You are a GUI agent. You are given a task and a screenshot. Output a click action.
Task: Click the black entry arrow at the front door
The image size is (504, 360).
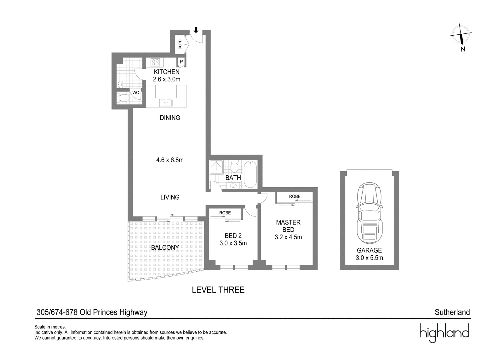(196, 30)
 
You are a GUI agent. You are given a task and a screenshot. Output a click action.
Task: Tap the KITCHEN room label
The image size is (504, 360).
(167, 72)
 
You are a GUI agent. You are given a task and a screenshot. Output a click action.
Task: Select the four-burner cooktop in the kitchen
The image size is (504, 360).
(155, 62)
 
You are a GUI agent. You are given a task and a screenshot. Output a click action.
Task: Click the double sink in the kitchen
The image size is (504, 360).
(166, 103)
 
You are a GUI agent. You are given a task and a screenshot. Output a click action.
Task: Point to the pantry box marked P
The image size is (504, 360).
(181, 62)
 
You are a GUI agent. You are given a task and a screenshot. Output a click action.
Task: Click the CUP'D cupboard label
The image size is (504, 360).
(180, 44)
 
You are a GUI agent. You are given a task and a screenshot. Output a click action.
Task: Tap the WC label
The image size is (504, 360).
(135, 93)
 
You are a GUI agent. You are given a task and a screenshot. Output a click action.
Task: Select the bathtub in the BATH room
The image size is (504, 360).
(250, 175)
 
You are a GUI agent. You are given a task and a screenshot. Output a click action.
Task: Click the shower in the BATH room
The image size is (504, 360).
(216, 167)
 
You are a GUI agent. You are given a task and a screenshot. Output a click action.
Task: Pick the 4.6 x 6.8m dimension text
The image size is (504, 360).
(170, 160)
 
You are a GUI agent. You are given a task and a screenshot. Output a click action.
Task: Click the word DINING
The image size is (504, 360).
(170, 118)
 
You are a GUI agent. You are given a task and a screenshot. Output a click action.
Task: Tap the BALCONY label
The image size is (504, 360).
(165, 247)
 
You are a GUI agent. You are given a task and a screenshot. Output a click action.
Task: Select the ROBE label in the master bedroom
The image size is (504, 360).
(295, 196)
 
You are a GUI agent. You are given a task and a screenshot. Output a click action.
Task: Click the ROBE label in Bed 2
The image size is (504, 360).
(225, 213)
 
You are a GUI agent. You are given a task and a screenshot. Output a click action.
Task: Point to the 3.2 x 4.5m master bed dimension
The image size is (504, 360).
(288, 237)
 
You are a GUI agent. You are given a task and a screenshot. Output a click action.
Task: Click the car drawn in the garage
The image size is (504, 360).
(369, 213)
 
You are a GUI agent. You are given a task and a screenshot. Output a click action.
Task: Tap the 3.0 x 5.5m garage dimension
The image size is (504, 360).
(369, 258)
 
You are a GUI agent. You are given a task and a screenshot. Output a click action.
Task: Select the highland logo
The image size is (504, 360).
(444, 333)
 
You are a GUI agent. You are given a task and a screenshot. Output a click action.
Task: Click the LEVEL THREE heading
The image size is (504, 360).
(218, 290)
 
